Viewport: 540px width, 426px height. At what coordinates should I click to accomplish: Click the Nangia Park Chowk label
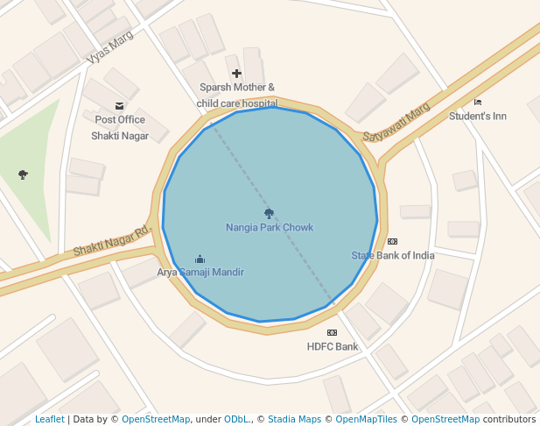tap(270, 228)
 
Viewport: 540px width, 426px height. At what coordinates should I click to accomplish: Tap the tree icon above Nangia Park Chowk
tap(269, 213)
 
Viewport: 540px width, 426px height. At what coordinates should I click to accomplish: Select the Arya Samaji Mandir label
tap(200, 273)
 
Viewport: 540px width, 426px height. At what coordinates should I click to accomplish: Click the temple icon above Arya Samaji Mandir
tap(200, 259)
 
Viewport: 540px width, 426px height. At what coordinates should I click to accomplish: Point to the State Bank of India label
tap(393, 256)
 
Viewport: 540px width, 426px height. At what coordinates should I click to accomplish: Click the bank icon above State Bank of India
tap(392, 242)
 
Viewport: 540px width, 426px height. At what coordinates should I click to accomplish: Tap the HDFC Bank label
tap(333, 347)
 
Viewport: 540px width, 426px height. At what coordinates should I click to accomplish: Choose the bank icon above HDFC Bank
tap(332, 333)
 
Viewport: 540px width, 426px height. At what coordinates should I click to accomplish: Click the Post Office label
tap(120, 120)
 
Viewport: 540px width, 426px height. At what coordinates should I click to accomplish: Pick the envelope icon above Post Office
tap(120, 106)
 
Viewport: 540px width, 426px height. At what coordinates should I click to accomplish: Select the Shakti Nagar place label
tap(120, 136)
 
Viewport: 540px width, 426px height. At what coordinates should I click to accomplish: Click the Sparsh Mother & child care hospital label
tap(237, 96)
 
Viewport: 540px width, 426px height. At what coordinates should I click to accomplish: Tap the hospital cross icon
tap(236, 74)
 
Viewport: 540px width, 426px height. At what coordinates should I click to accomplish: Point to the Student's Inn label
tap(478, 117)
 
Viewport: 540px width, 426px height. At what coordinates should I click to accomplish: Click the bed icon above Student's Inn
tap(478, 103)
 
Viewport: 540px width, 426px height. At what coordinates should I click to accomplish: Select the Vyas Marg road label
tap(109, 47)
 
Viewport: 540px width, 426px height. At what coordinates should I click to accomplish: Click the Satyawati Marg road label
tap(396, 123)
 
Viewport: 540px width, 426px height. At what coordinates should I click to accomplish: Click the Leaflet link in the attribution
tap(49, 420)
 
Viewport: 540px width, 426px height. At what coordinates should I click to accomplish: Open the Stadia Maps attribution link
tap(294, 420)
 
